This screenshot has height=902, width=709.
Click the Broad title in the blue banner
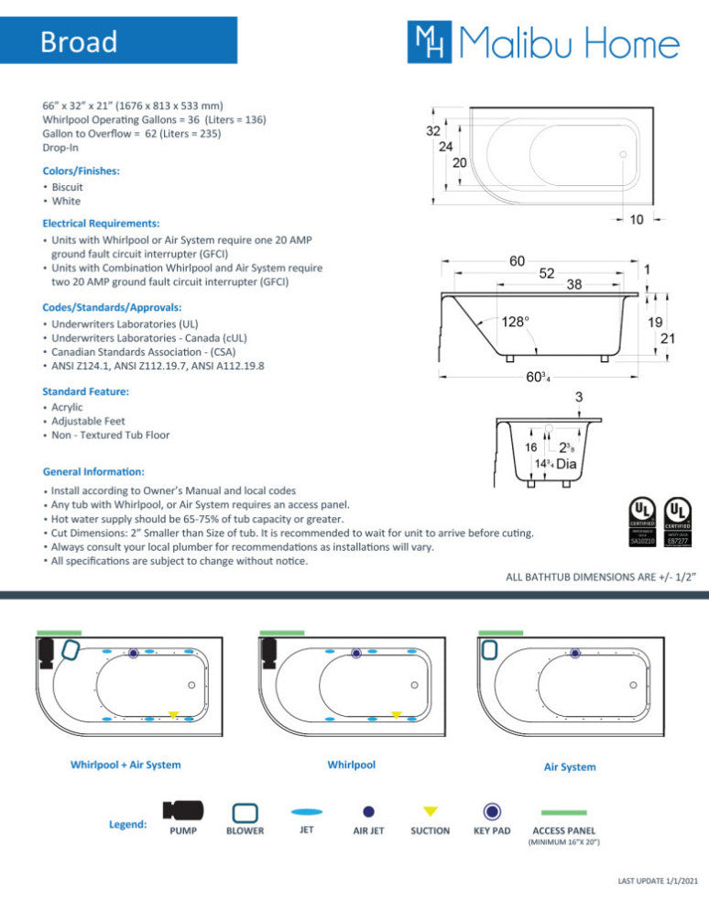coord(79,42)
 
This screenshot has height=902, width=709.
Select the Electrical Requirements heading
coord(101,223)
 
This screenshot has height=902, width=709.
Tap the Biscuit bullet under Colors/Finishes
coord(67,187)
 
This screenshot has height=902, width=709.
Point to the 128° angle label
coord(515,322)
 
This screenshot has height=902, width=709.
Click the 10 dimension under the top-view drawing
coord(637,220)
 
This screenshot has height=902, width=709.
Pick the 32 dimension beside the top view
coord(432,131)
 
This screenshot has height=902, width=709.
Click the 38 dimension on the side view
coord(573,284)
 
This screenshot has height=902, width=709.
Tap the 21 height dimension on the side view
coord(670,338)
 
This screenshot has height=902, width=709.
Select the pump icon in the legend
coord(183,811)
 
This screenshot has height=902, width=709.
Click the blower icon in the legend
coord(245,812)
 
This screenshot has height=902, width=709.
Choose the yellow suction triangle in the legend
coord(430,811)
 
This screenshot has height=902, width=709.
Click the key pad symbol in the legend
coord(492,811)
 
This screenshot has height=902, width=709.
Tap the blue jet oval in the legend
coord(307,811)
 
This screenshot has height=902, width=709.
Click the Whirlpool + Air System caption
coord(125,764)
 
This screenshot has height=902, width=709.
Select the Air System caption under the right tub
coord(570,766)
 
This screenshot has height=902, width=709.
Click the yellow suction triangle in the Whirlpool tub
coord(396,714)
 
